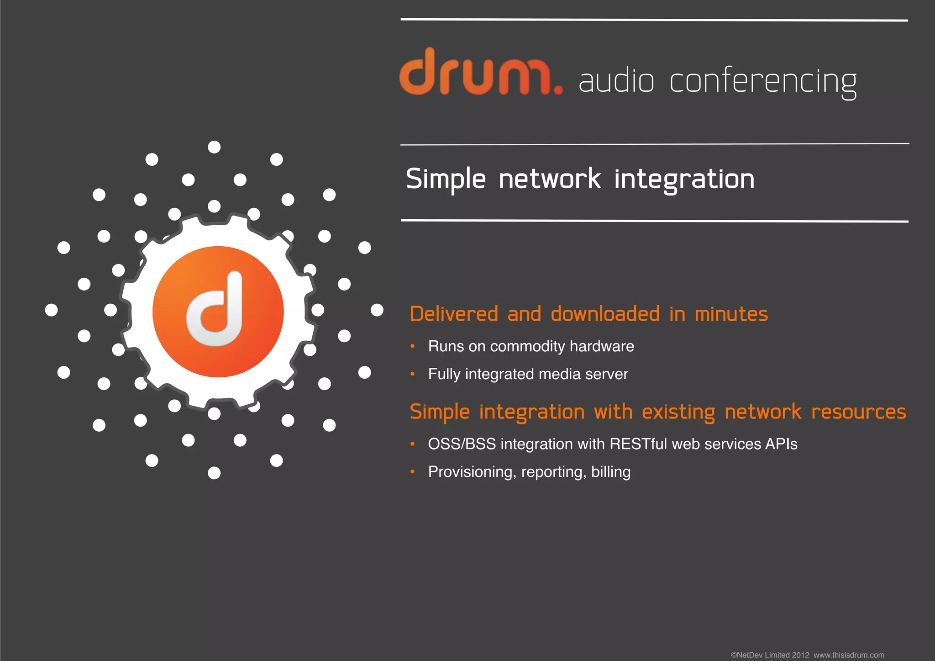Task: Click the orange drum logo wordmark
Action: (475, 73)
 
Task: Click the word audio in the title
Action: (616, 81)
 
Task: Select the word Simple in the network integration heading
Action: (446, 179)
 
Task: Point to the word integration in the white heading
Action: (684, 179)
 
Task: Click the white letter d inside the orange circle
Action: (215, 310)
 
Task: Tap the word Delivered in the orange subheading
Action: (454, 314)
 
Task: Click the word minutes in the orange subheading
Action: (731, 314)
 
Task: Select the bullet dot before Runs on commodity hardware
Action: (412, 346)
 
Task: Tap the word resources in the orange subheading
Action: (858, 412)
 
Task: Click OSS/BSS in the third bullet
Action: (462, 444)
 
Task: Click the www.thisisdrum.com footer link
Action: (849, 655)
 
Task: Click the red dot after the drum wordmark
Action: (557, 90)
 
